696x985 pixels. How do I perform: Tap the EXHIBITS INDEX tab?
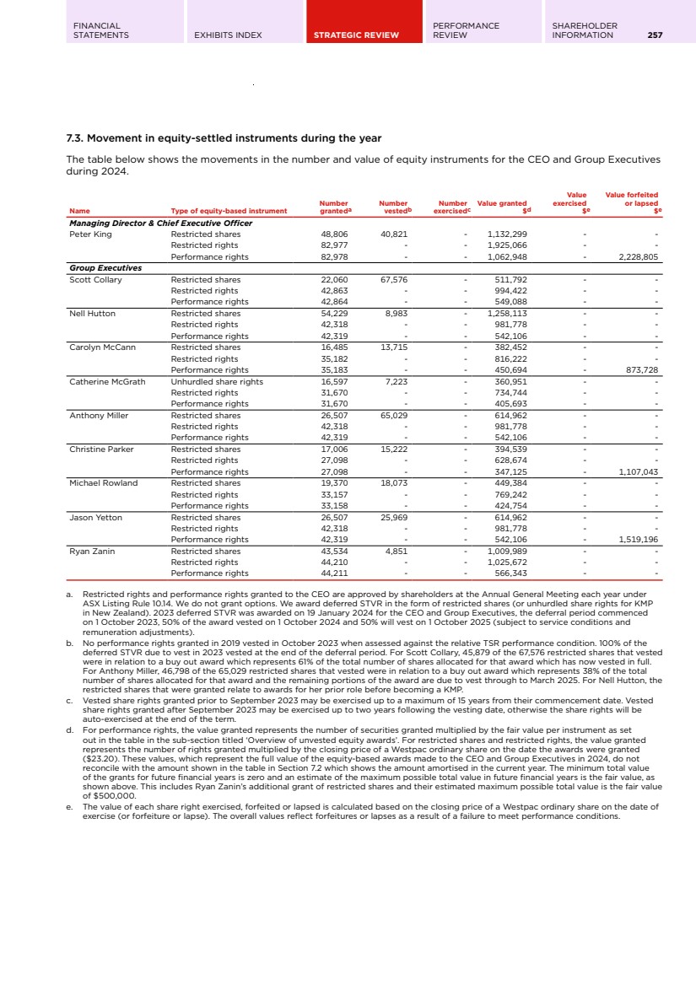228,35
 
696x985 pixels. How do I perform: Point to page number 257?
655,35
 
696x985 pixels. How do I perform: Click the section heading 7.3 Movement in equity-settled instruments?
224,138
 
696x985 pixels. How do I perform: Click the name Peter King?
90,234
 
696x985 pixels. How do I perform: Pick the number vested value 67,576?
394,279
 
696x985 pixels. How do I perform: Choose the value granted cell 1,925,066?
507,245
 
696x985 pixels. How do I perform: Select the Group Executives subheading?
105,268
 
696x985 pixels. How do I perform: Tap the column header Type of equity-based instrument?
229,211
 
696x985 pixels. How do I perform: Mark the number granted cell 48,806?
334,234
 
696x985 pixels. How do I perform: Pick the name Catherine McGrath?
107,381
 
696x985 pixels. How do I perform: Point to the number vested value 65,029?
394,415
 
